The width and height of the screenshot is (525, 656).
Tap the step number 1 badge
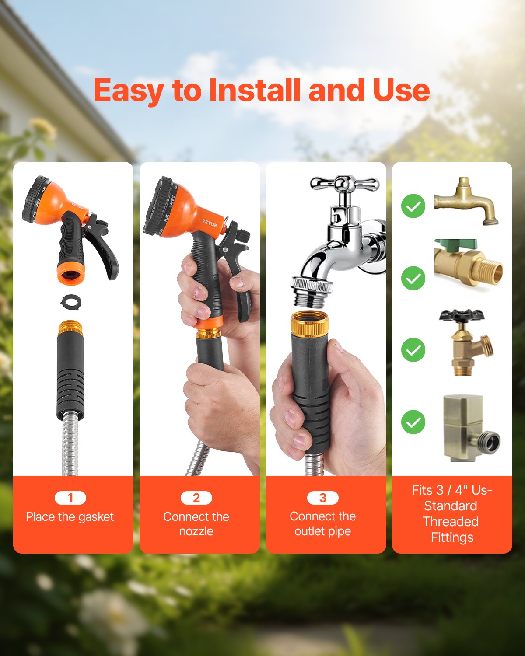pyautogui.click(x=70, y=498)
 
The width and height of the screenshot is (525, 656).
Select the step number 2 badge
pyautogui.click(x=196, y=498)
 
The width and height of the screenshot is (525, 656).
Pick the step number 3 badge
pyautogui.click(x=323, y=498)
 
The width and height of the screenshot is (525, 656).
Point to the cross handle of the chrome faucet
pyautogui.click(x=344, y=184)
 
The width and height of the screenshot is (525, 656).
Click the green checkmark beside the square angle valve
pyautogui.click(x=413, y=422)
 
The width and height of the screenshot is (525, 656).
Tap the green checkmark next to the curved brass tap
pyautogui.click(x=413, y=206)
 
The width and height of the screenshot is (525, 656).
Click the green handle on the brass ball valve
pyautogui.click(x=455, y=245)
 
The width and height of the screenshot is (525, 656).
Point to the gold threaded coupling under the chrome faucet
pyautogui.click(x=310, y=324)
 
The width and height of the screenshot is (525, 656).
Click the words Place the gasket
pyautogui.click(x=70, y=517)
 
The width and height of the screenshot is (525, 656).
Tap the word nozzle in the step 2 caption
pyautogui.click(x=196, y=531)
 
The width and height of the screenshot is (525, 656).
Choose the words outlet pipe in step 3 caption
pyautogui.click(x=323, y=531)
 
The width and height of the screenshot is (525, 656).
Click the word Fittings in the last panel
pyautogui.click(x=452, y=537)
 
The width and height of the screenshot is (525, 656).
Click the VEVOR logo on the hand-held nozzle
pyautogui.click(x=210, y=223)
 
